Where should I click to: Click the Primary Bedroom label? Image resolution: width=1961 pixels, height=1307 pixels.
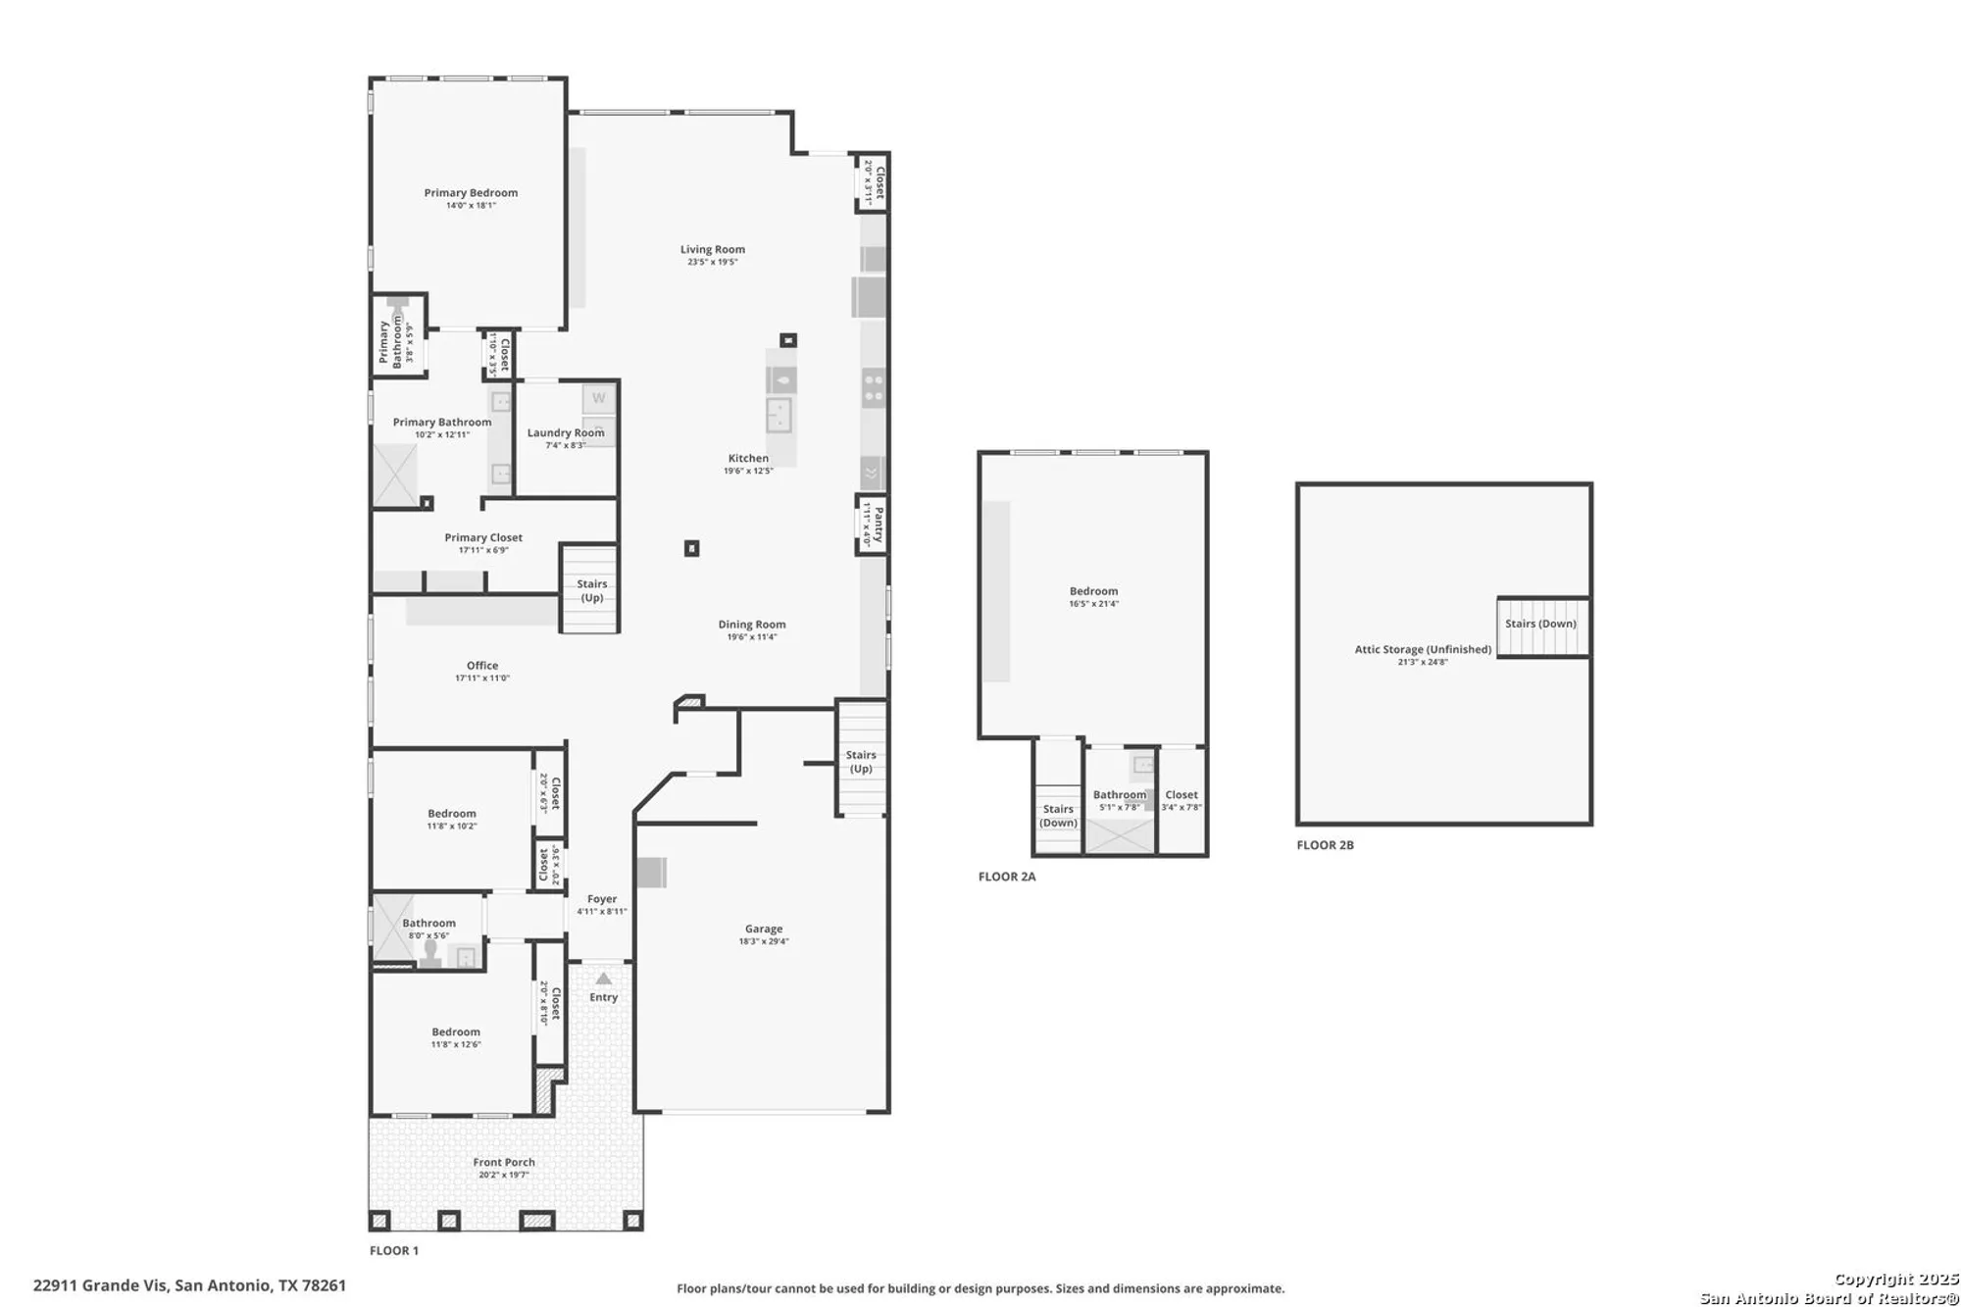click(471, 192)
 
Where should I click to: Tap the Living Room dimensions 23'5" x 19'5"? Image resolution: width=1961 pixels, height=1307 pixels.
click(712, 263)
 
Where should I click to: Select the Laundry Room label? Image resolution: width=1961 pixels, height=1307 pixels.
click(566, 432)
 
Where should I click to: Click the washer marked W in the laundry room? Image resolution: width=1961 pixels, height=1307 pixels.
click(598, 398)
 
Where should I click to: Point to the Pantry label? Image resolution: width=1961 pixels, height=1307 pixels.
click(879, 525)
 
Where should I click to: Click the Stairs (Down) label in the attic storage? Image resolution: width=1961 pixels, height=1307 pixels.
click(1540, 624)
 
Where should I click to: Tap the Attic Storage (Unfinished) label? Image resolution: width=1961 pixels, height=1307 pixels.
click(1423, 649)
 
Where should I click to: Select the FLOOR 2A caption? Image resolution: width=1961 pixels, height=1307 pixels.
click(1007, 877)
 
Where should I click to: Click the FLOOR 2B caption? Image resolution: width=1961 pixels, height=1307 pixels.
click(1325, 845)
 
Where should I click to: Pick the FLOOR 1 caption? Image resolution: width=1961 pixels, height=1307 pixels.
click(394, 1250)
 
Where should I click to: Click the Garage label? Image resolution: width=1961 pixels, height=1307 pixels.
click(763, 929)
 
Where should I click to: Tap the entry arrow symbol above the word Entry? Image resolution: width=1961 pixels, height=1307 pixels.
click(604, 979)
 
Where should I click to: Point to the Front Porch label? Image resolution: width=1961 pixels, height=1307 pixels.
click(504, 1162)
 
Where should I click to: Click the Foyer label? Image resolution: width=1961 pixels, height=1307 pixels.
click(602, 899)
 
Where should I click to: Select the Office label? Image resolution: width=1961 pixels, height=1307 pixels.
click(482, 665)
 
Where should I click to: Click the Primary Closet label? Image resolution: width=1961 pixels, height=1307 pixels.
click(483, 537)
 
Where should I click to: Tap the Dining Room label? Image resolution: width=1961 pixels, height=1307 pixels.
click(751, 624)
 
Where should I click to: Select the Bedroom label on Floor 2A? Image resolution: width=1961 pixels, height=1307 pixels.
click(1093, 591)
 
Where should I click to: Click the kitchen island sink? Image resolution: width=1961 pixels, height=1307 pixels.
click(779, 415)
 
